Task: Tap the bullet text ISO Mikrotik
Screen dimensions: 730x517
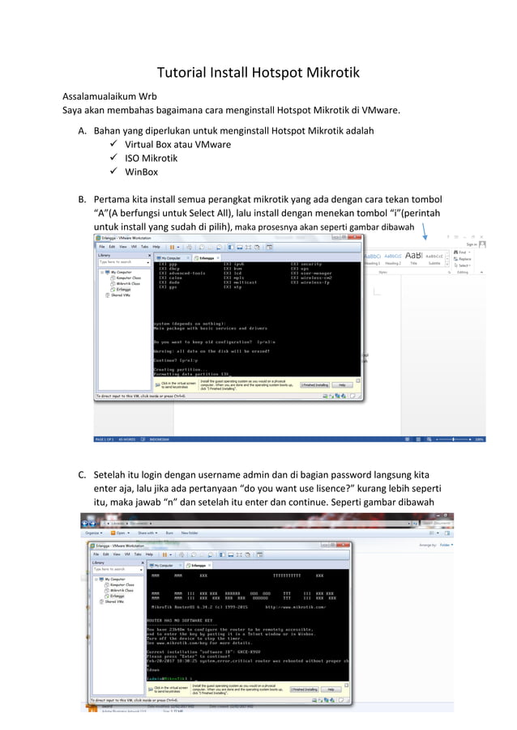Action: (151, 158)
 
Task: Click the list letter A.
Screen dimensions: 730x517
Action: (82, 129)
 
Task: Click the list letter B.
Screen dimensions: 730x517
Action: (82, 198)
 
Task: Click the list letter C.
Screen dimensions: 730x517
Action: (82, 473)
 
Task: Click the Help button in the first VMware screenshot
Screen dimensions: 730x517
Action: (342, 385)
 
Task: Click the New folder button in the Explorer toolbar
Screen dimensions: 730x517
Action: (190, 533)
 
